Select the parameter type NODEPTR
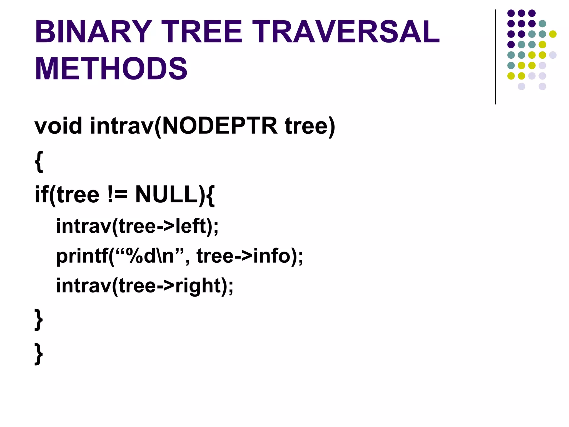point(219,126)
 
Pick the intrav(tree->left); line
point(137,226)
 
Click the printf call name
point(82,256)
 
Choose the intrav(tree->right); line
point(144,286)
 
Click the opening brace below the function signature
point(39,162)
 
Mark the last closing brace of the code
point(39,354)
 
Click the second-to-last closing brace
point(39,320)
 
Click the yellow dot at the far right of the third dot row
point(553,34)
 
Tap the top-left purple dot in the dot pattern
point(511,13)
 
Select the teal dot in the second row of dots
point(542,24)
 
